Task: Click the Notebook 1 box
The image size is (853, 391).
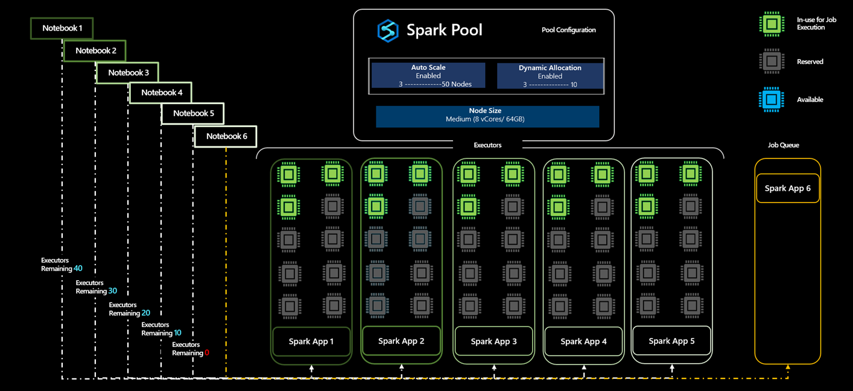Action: point(62,28)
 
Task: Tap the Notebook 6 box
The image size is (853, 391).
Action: point(226,136)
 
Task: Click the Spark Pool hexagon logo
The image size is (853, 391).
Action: point(387,30)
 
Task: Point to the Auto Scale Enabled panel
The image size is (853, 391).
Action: point(428,76)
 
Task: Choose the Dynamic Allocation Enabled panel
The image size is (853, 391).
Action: point(550,76)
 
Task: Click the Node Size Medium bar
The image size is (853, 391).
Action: point(487,116)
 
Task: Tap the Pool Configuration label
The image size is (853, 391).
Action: point(568,30)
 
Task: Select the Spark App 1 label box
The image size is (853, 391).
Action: point(311,342)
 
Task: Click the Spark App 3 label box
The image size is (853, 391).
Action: point(493,342)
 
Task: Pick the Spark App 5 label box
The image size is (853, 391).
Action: point(671,341)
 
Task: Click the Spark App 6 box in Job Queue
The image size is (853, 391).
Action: point(787,189)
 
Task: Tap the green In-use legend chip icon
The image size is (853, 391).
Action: point(772,24)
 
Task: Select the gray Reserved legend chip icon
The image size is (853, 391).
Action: point(772,61)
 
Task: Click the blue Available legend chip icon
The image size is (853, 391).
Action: point(772,99)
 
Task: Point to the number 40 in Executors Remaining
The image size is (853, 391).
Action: point(78,269)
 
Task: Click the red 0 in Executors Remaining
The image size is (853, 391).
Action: point(207,353)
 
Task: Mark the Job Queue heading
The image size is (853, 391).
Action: point(783,145)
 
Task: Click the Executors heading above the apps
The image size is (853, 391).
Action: point(487,145)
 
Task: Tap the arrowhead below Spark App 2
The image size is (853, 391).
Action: point(402,367)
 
